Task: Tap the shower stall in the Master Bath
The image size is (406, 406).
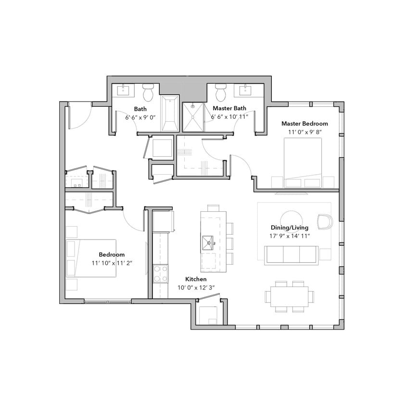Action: (194, 117)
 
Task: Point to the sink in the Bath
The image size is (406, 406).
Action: (125, 89)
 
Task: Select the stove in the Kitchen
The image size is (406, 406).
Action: (160, 274)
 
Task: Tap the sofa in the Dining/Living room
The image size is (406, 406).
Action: (292, 254)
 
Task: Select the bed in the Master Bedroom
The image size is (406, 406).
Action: (303, 163)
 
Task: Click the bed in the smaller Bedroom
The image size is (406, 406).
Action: (91, 258)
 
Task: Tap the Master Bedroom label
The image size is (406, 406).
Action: (304, 124)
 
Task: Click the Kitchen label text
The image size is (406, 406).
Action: (196, 279)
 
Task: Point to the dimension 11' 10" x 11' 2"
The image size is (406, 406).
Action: (112, 263)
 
